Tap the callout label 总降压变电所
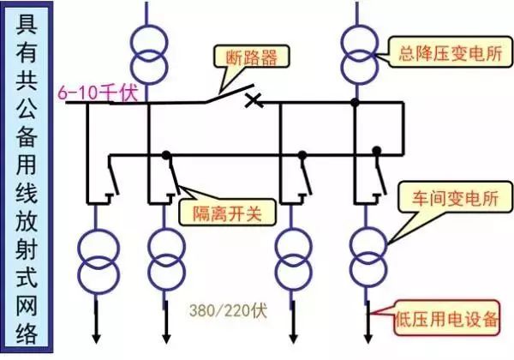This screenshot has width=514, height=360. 445,51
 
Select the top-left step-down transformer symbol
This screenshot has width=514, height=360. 147,51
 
